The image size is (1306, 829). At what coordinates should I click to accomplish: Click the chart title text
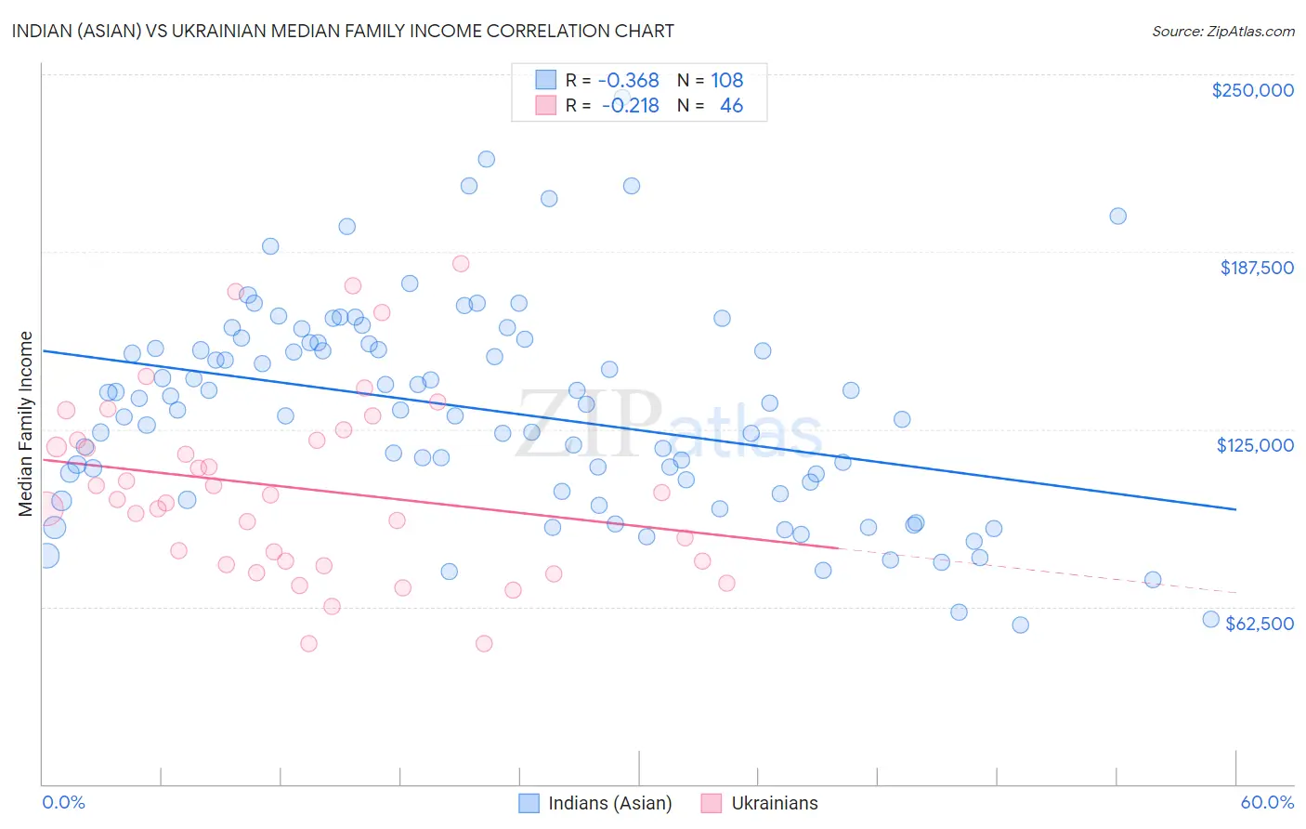(344, 31)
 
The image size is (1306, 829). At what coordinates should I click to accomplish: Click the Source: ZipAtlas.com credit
(1222, 31)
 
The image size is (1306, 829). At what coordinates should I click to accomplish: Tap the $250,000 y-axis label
(1252, 90)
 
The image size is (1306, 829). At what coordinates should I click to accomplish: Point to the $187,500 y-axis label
(1256, 268)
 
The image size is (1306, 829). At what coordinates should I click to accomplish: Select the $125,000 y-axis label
(1255, 445)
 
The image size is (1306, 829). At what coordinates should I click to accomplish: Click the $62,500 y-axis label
(1259, 624)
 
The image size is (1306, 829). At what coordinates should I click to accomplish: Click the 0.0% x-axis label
(63, 802)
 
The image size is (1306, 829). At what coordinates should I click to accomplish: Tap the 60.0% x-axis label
(1267, 802)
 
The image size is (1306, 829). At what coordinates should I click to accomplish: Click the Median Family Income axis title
(26, 424)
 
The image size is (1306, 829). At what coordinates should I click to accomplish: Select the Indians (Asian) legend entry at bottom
(594, 803)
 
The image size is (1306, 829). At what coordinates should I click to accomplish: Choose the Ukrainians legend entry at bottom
(760, 803)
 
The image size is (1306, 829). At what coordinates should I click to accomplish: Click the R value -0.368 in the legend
(628, 81)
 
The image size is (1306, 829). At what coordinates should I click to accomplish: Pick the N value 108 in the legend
(726, 81)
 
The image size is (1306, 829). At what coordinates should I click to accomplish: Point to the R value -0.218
(630, 106)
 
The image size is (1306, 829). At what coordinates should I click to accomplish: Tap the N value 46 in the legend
(731, 106)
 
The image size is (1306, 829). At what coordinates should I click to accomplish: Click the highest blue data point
(486, 159)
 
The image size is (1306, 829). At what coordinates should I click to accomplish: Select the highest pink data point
(461, 264)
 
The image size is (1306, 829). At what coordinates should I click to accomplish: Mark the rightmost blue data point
(1210, 619)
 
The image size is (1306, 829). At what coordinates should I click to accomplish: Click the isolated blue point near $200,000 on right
(1117, 216)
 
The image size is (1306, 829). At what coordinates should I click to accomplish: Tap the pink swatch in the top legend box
(545, 106)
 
